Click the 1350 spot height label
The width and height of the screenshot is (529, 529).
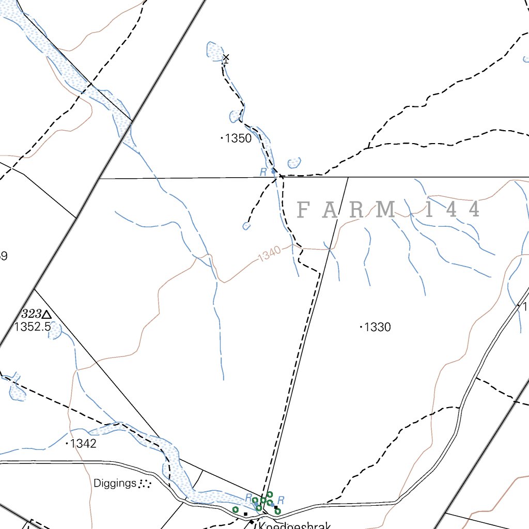pyautogui.click(x=239, y=138)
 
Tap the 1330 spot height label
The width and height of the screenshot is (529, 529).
pyautogui.click(x=377, y=327)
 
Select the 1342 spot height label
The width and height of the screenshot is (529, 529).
pyautogui.click(x=83, y=443)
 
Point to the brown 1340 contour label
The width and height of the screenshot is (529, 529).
pyautogui.click(x=269, y=254)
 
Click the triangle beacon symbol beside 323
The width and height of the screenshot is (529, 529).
pyautogui.click(x=47, y=314)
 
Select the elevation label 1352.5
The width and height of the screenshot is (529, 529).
pyautogui.click(x=32, y=326)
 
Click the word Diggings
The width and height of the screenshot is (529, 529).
pyautogui.click(x=115, y=484)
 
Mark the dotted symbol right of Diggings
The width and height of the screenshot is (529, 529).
pyautogui.click(x=145, y=484)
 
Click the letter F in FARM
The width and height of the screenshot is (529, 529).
pyautogui.click(x=304, y=210)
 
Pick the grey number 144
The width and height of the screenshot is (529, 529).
pyautogui.click(x=453, y=210)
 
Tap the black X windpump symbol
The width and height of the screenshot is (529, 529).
pyautogui.click(x=226, y=57)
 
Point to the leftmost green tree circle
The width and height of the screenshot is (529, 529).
pyautogui.click(x=236, y=510)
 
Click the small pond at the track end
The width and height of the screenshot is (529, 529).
pyautogui.click(x=246, y=226)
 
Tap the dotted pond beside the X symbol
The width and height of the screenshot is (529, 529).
pyautogui.click(x=213, y=50)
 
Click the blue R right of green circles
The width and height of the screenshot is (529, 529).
pyautogui.click(x=281, y=500)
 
